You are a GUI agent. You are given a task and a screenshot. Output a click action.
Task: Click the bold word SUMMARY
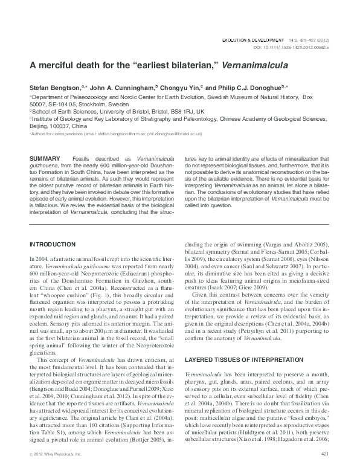tap(44, 158)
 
